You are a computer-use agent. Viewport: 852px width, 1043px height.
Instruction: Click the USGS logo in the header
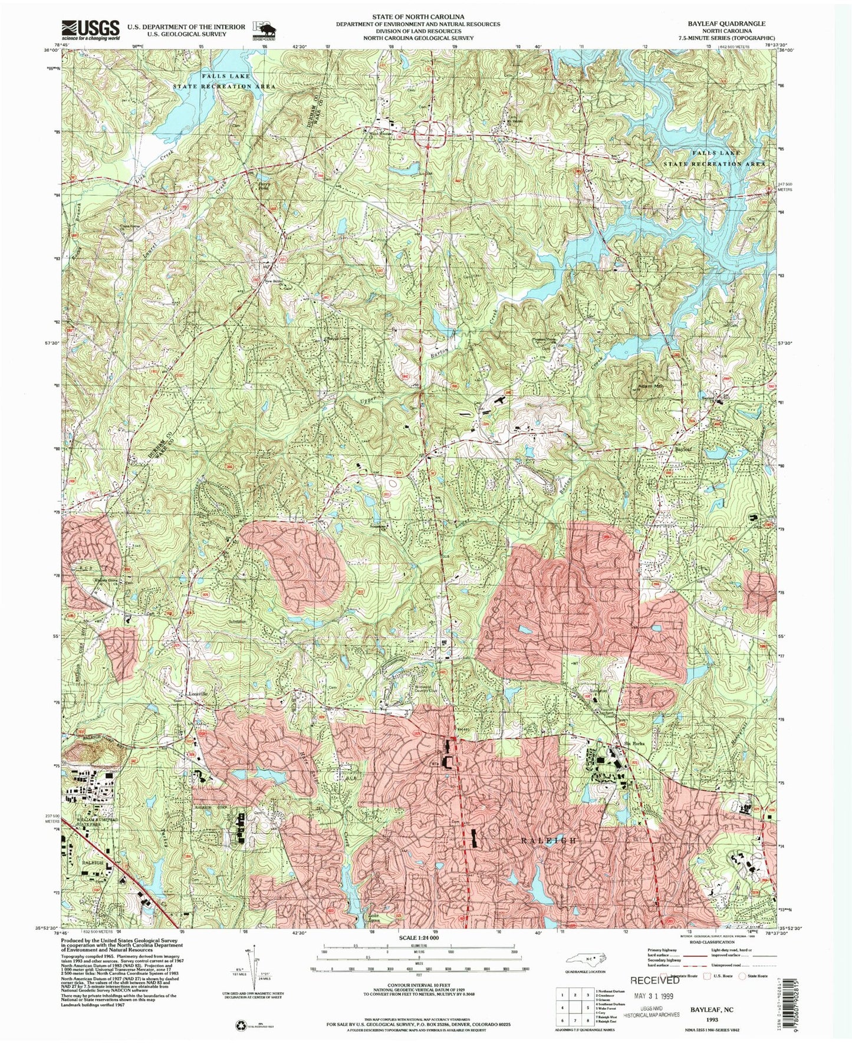(x=91, y=29)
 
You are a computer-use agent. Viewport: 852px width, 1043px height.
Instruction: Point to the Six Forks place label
(x=629, y=744)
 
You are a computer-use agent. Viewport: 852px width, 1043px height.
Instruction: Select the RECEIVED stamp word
(x=654, y=980)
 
